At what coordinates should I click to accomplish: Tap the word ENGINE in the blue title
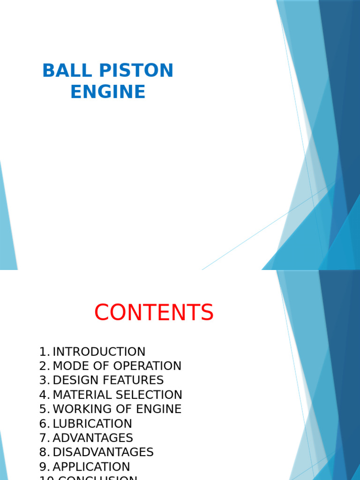[x=108, y=92]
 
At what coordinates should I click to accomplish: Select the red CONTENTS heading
[x=154, y=313]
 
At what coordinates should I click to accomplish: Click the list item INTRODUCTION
[x=99, y=352]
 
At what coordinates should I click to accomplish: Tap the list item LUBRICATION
[x=92, y=424]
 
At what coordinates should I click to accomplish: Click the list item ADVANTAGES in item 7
[x=93, y=438]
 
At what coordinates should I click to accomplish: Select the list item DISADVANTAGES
[x=103, y=452]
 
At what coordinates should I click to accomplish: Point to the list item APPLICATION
[x=91, y=467]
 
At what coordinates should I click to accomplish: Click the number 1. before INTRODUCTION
[x=45, y=352]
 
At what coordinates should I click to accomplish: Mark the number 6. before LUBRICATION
[x=45, y=424]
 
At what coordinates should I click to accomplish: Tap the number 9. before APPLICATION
[x=45, y=467]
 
